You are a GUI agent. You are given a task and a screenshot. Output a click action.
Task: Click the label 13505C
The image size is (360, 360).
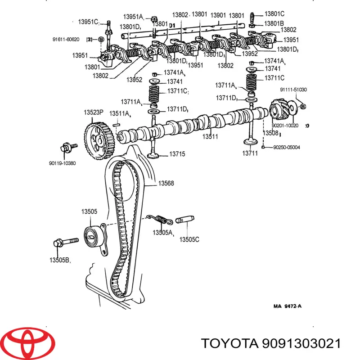(189, 239)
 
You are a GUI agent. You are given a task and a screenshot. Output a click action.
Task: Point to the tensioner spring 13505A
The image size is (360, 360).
(161, 219)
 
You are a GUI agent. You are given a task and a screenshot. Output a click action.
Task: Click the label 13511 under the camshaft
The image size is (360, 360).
(210, 136)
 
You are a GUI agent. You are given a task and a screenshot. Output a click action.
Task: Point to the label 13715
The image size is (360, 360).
(177, 154)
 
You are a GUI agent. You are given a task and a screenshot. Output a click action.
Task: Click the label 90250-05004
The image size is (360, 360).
(287, 147)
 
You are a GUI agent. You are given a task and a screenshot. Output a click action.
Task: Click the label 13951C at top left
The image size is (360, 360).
(88, 22)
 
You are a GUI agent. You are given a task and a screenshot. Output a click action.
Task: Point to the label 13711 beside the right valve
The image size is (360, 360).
(250, 154)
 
